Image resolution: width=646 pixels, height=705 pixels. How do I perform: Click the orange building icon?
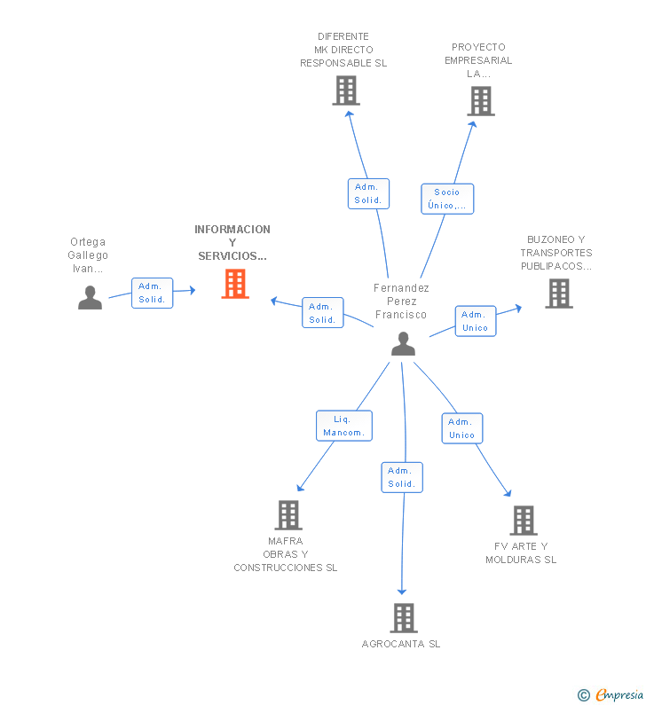(x=235, y=284)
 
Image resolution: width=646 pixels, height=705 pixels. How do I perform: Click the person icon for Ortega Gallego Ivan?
(x=90, y=298)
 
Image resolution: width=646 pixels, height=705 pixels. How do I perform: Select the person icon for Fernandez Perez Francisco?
(x=403, y=344)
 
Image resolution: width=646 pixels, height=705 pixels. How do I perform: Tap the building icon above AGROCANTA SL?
(x=404, y=618)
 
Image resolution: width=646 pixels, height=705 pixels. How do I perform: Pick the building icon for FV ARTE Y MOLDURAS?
(x=524, y=521)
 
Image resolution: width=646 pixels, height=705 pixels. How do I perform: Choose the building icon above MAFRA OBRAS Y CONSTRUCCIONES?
(x=288, y=515)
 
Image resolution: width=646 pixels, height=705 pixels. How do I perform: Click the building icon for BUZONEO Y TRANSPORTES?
(x=559, y=294)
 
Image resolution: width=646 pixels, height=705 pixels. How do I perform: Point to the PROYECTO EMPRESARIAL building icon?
(x=481, y=101)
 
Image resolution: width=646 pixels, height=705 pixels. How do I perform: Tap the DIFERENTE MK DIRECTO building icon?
(x=346, y=90)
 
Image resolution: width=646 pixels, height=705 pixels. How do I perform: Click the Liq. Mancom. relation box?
(x=344, y=426)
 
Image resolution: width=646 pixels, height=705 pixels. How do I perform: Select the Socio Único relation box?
(x=447, y=199)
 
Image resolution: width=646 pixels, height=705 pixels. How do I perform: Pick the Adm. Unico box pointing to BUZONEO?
(x=476, y=321)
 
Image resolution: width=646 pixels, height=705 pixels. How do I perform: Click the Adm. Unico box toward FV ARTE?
(x=462, y=428)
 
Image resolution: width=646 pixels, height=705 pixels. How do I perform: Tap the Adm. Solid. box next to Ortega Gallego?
(x=152, y=294)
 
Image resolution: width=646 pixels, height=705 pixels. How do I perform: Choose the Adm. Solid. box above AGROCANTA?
(x=402, y=477)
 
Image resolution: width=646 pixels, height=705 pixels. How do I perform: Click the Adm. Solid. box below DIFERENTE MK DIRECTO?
(x=368, y=194)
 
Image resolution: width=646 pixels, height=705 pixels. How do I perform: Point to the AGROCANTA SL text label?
(x=401, y=644)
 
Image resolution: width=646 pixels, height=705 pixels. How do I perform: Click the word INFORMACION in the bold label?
(x=232, y=230)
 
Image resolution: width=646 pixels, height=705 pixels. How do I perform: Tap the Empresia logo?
(x=611, y=694)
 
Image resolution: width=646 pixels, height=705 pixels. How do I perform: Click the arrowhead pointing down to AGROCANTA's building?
(x=402, y=591)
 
